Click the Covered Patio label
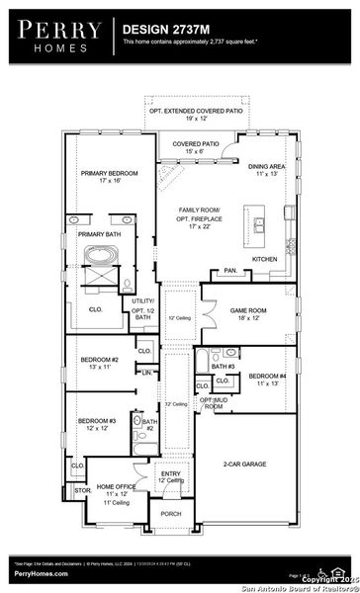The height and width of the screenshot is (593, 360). point(196,147)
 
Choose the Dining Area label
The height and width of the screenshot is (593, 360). point(267,169)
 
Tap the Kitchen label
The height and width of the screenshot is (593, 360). point(265,259)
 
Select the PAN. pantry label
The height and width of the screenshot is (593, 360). point(230,270)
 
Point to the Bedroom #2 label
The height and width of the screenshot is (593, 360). point(101,362)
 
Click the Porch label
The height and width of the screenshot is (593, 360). point(172,514)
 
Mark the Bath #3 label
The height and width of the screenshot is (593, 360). point(223,367)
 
